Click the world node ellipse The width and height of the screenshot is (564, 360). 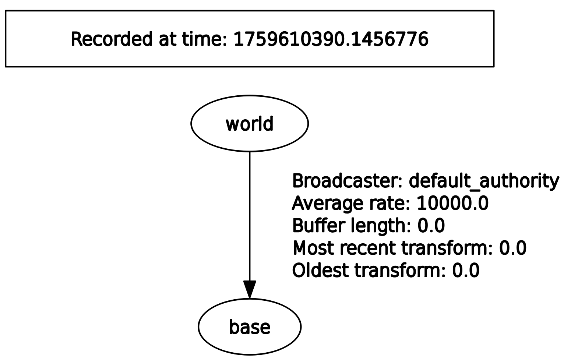[249, 123]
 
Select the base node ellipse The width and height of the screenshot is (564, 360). [249, 327]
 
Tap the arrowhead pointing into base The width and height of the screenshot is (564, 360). [249, 289]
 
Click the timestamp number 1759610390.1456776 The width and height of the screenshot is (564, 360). [331, 39]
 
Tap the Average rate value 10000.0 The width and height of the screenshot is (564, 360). [452, 203]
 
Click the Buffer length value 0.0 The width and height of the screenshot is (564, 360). [431, 226]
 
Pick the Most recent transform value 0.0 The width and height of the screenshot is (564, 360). [513, 248]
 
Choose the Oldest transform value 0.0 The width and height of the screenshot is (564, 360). [466, 271]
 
